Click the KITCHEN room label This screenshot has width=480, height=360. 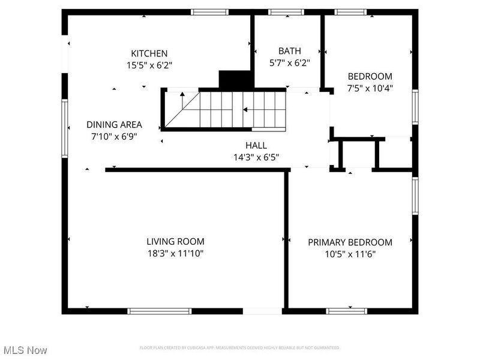tap(149, 53)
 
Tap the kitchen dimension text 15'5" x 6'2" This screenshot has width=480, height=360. tap(149, 65)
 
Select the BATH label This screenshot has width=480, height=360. tap(289, 51)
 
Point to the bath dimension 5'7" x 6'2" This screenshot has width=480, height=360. tap(289, 63)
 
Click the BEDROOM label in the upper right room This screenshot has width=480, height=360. tap(370, 76)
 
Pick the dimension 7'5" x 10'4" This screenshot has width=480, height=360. tap(370, 88)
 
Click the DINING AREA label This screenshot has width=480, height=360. tap(114, 125)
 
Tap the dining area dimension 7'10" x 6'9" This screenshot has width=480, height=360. tap(114, 136)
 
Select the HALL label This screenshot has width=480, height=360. tap(256, 145)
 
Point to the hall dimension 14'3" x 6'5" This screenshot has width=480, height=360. tap(256, 157)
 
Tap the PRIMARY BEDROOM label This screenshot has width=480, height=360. tap(350, 242)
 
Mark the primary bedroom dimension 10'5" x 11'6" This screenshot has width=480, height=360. tap(350, 254)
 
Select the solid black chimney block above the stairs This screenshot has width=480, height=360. tap(235, 80)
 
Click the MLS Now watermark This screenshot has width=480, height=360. tap(25, 350)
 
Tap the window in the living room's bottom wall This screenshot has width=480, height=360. tap(160, 311)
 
